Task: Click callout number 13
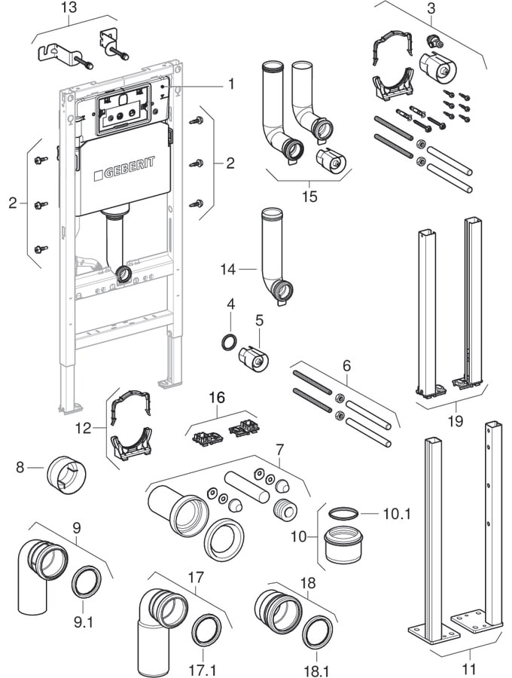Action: coord(69,8)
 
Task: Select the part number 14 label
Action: coord(229,267)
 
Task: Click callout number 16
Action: coord(217,395)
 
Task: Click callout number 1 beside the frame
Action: coord(231,84)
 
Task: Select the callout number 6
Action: coord(346,365)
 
